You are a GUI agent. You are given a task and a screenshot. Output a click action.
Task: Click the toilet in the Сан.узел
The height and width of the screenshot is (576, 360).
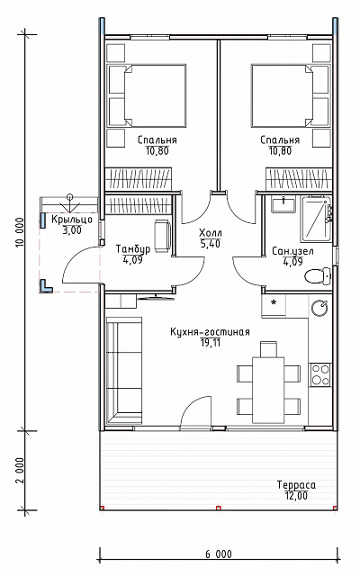point(319,276)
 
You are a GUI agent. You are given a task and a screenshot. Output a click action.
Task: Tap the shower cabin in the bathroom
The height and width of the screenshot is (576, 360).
point(316,219)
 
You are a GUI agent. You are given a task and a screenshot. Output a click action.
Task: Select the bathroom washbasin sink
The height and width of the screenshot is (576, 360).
point(283,204)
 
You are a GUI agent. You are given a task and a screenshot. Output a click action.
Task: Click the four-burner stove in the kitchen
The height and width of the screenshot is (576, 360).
point(320,374)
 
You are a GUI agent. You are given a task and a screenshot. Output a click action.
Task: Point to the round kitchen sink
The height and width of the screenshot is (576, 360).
point(320,308)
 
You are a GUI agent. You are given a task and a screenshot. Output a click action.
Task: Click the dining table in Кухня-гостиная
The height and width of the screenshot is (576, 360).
point(268,390)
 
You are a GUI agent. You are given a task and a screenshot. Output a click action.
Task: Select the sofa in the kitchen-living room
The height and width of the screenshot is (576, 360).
point(124,372)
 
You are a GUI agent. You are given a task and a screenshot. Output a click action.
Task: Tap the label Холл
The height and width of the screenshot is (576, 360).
point(210,233)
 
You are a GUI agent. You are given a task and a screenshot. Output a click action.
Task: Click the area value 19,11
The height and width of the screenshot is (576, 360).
point(210,343)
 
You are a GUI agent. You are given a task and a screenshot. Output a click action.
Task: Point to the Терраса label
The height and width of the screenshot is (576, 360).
point(296,485)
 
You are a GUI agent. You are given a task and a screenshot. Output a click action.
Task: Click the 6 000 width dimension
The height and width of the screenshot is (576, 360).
point(219,554)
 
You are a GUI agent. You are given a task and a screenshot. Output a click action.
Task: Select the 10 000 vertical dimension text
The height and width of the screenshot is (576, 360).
point(21,232)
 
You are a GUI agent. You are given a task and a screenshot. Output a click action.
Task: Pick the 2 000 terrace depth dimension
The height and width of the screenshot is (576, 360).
point(21,471)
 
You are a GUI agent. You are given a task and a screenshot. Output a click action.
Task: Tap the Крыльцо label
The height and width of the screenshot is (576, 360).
point(72,220)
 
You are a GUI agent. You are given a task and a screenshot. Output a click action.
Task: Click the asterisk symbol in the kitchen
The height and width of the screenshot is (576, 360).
point(274,303)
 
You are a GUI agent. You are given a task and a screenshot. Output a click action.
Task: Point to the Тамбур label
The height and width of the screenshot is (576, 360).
point(133,249)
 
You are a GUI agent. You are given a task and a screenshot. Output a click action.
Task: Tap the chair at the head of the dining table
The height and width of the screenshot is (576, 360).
point(268,349)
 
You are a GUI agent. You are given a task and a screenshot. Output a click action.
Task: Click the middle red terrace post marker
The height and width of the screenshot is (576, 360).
point(219,508)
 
